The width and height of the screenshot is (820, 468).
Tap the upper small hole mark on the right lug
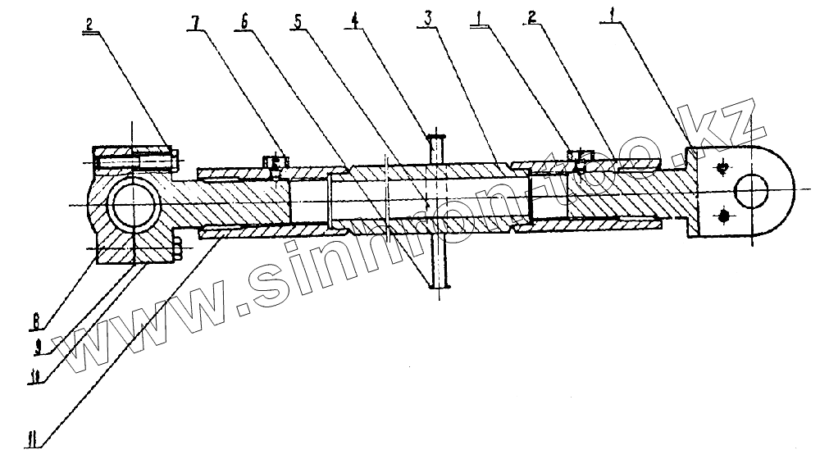722,169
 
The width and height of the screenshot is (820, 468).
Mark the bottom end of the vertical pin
440,285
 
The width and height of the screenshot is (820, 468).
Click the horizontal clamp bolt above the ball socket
135,161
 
